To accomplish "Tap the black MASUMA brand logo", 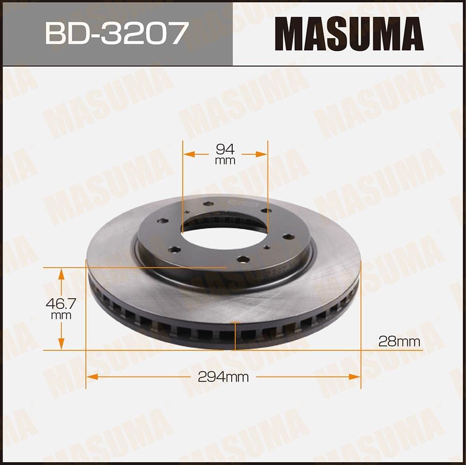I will [x=349, y=34].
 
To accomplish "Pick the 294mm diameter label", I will [x=223, y=377].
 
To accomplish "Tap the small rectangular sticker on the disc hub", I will [x=243, y=204].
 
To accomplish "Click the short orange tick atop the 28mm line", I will [x=235, y=322].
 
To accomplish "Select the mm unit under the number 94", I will [x=225, y=161].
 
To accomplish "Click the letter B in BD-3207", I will [x=55, y=33].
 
